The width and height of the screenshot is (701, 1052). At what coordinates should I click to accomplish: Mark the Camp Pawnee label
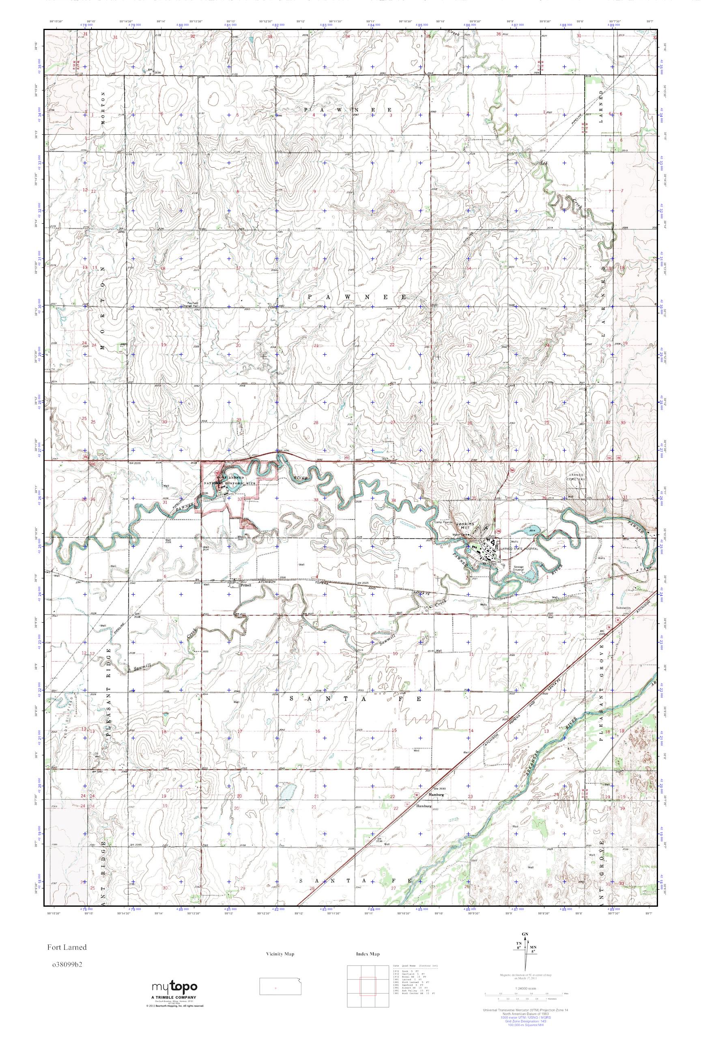click(x=441, y=522)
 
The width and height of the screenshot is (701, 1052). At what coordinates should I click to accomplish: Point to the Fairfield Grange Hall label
click(x=193, y=304)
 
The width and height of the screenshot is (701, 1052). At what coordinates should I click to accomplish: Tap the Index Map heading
click(x=368, y=954)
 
